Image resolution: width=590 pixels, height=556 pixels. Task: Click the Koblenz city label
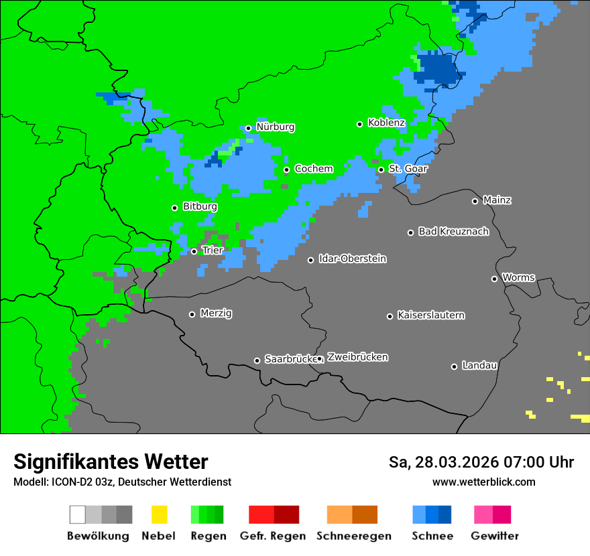coord(386,123)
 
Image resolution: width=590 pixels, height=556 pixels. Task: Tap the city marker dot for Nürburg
coord(248,128)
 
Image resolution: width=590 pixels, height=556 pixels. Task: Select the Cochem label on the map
coord(314,169)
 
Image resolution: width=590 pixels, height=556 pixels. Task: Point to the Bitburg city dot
coord(174,208)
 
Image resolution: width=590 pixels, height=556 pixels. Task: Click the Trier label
coord(213,251)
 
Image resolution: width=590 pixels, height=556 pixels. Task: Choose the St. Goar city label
coord(408,169)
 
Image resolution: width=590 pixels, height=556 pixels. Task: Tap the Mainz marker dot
coord(475,201)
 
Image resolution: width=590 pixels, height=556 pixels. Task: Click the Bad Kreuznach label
coord(453,232)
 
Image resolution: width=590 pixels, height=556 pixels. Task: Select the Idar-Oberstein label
coord(353,259)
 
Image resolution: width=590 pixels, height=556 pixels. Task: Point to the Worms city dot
coord(494,279)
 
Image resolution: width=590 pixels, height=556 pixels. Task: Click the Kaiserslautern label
coord(430,316)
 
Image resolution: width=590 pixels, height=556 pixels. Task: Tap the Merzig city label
coord(216,314)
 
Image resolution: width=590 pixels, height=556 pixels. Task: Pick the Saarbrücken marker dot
coord(257,360)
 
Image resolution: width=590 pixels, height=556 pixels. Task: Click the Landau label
coord(479,366)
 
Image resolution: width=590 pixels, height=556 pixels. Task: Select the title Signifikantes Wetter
coord(111,462)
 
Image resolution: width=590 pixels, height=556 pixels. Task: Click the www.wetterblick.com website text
coord(483,482)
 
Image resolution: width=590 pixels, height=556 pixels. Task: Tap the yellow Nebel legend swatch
coord(159,514)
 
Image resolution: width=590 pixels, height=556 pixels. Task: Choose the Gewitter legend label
coord(495,536)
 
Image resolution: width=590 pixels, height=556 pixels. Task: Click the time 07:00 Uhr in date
coord(529,463)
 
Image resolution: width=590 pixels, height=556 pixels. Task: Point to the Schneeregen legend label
coord(354,536)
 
